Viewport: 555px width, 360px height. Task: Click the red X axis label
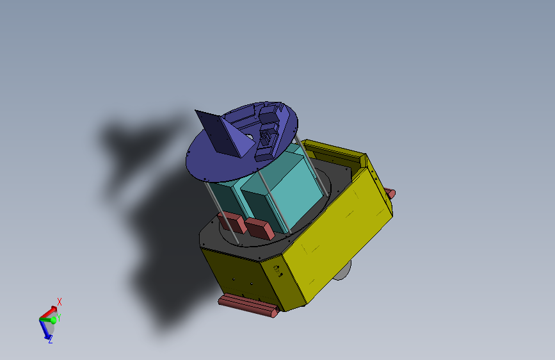coord(60,301)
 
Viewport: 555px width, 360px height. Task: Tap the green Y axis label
coord(59,317)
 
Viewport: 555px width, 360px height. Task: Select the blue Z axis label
coord(50,340)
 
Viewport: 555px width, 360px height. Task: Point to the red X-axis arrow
coord(49,311)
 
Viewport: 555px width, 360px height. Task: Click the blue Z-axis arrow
coord(45,331)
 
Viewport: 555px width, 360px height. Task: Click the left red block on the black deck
coord(232,222)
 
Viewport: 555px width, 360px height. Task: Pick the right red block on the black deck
coord(260,228)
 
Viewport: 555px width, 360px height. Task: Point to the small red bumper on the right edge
coord(390,192)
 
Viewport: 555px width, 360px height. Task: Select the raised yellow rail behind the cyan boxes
coord(333,151)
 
